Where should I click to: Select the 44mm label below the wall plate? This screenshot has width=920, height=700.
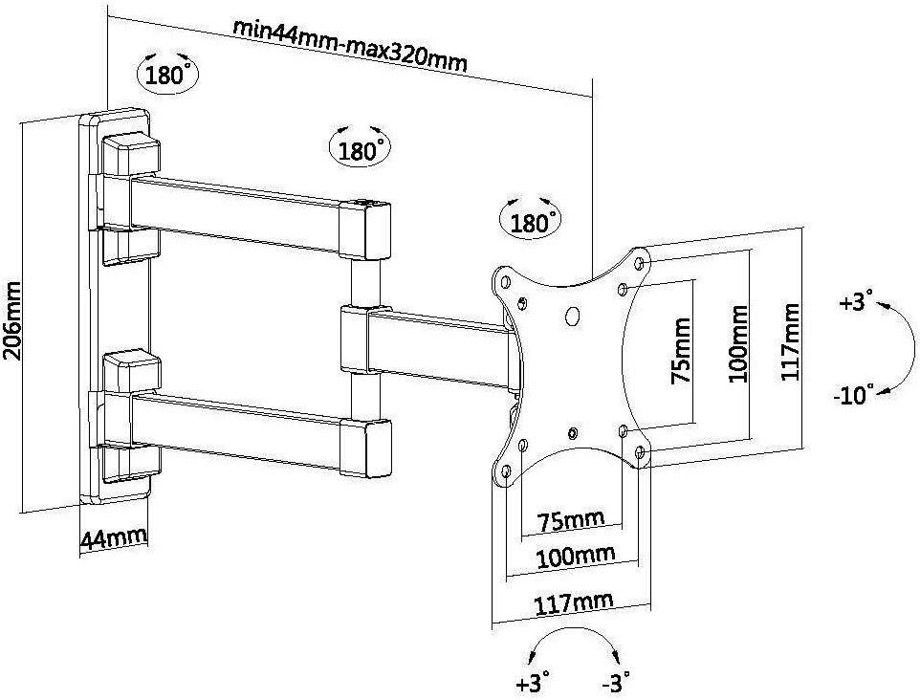pyautogui.click(x=113, y=537)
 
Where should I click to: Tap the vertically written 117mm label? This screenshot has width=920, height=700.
pyautogui.click(x=790, y=342)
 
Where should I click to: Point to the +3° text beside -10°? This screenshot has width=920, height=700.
pyautogui.click(x=857, y=303)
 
